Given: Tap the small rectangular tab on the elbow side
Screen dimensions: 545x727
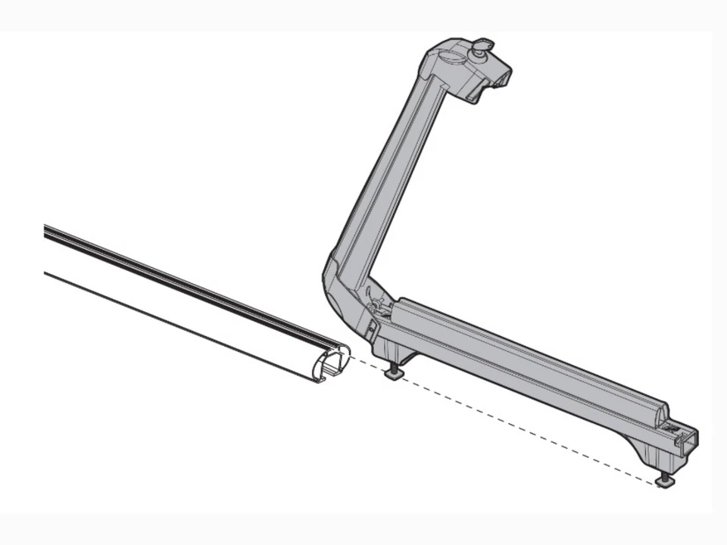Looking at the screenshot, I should click(x=370, y=330).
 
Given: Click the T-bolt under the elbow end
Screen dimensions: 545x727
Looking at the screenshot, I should click(x=395, y=373).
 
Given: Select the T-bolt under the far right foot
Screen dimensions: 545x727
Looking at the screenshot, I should click(x=664, y=480).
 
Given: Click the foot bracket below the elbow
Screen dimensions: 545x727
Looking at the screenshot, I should click(x=398, y=353).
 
